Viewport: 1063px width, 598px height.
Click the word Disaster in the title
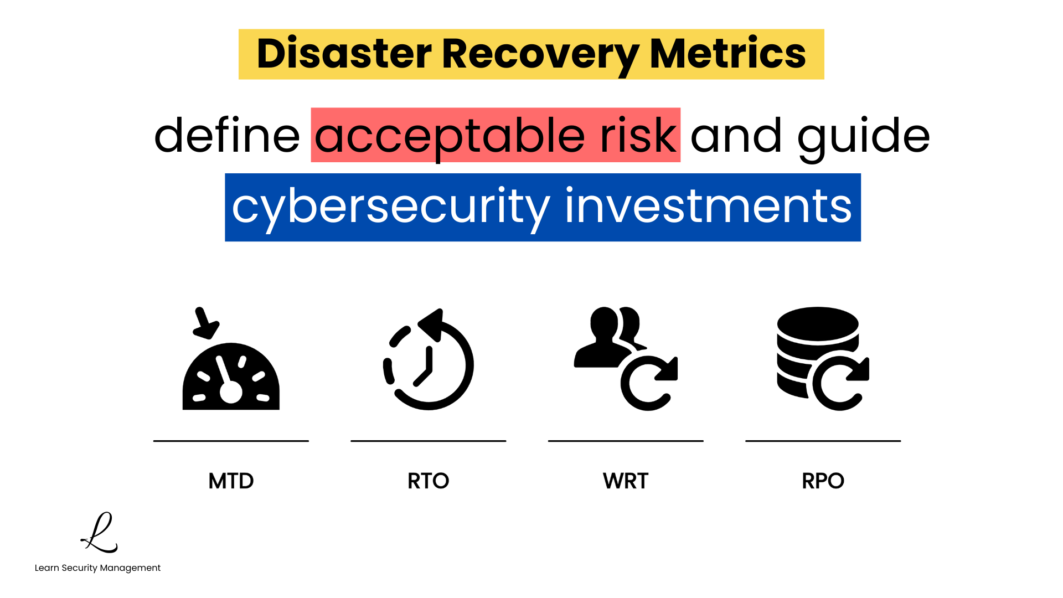pos(344,54)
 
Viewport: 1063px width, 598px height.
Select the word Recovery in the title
pos(540,54)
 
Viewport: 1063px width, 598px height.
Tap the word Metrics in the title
pos(727,54)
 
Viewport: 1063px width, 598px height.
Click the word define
pos(227,136)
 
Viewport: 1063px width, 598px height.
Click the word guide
pos(863,136)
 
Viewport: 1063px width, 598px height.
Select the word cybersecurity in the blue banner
pos(391,207)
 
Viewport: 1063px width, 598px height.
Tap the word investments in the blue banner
pos(708,207)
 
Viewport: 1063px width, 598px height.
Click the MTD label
pos(231,481)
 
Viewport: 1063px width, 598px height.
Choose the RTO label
pos(428,481)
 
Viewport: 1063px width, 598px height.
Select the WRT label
pos(626,481)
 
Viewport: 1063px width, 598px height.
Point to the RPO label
pos(823,481)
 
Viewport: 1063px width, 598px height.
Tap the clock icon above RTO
pos(429,363)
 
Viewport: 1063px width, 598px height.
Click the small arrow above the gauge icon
pos(205,323)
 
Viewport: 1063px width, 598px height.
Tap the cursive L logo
pos(100,533)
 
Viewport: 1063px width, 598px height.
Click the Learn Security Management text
pos(97,568)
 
